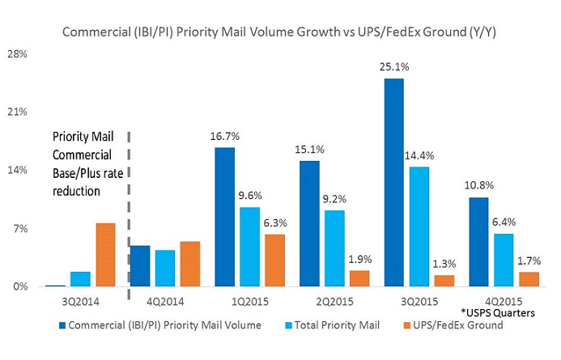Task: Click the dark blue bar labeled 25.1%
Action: pos(393,182)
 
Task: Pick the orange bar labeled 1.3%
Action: pos(444,280)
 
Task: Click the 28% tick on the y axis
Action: pos(18,53)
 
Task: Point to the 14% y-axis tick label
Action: pos(18,170)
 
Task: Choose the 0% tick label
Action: pos(19,286)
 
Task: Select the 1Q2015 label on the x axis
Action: pos(249,303)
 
